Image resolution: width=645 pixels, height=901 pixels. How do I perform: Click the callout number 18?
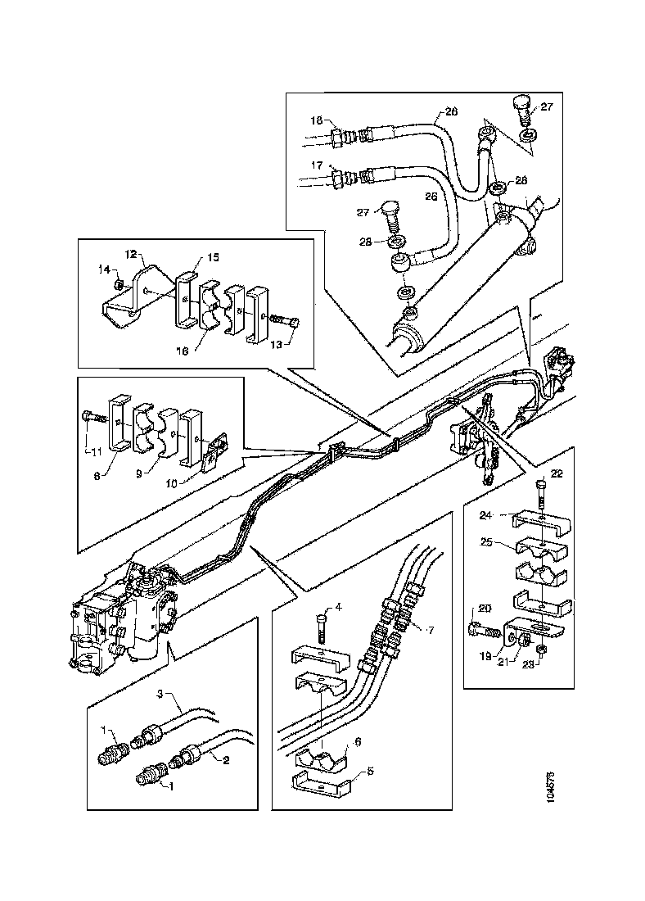pos(316,120)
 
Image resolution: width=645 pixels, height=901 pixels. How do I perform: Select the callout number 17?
pos(316,165)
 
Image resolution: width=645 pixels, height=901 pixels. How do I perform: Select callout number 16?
pos(183,349)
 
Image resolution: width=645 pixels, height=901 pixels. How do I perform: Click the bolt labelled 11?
pos(92,418)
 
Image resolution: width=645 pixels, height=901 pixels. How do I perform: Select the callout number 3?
pos(161,694)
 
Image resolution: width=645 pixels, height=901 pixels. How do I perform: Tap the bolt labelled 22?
pos(541,492)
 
